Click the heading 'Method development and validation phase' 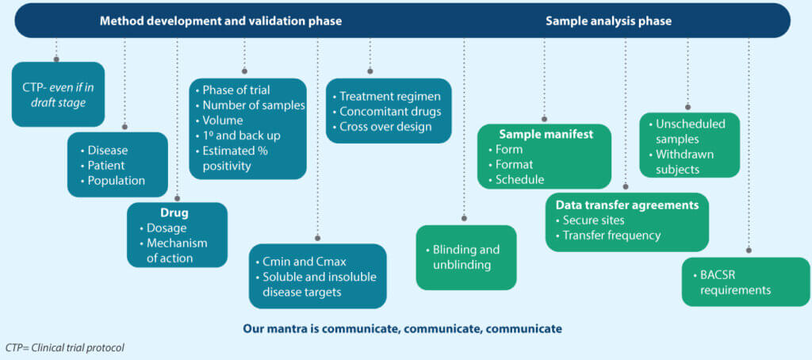pos(220,21)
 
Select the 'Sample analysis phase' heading pos(608,21)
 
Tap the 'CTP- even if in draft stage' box pos(58,94)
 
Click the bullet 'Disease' pos(108,150)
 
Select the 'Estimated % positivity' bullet pos(242,158)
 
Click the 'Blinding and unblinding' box pos(466,257)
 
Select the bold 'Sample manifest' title pos(545,134)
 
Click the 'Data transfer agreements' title pos(626,205)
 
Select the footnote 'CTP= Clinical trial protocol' pos(65,347)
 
